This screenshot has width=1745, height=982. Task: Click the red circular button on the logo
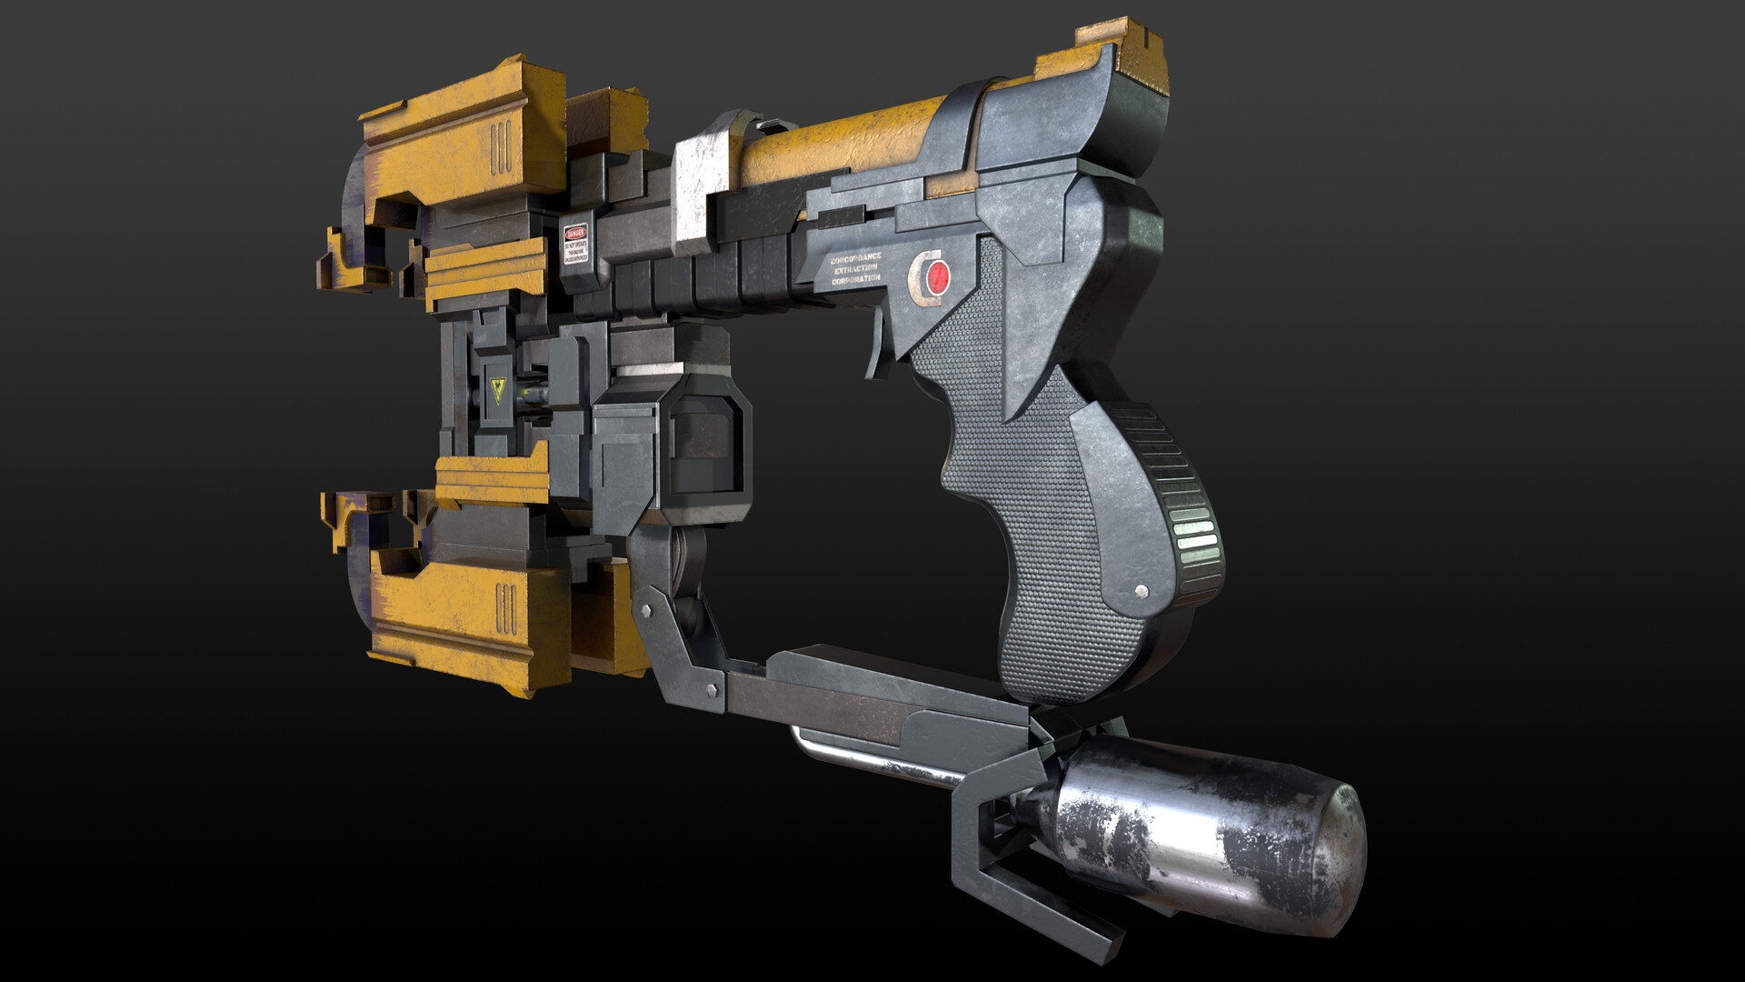click(x=938, y=275)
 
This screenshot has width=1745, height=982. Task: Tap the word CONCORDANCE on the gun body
click(x=855, y=259)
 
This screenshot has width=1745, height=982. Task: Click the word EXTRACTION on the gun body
click(x=856, y=270)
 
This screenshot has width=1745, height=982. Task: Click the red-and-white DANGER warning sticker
click(x=575, y=244)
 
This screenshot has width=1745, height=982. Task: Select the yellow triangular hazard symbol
click(x=497, y=391)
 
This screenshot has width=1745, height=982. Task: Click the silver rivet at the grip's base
click(x=1142, y=592)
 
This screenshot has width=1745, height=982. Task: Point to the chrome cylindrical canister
click(x=1209, y=832)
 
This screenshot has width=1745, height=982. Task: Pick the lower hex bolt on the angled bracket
click(x=711, y=691)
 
